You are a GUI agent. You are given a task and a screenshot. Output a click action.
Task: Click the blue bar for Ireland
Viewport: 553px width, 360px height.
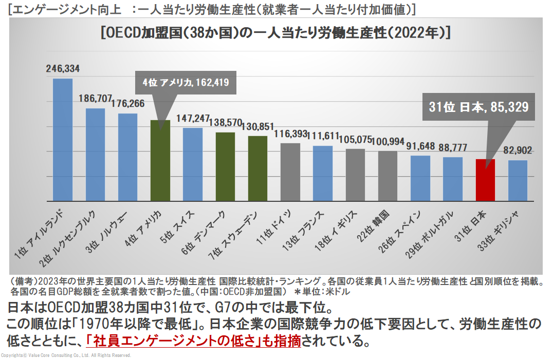coord(63,140)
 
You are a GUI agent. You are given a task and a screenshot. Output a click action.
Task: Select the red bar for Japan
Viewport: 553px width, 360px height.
coord(485,180)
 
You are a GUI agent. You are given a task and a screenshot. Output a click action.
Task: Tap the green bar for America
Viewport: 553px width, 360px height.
coord(160,160)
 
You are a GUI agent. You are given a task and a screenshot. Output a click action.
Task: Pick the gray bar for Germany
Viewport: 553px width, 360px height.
coord(290,172)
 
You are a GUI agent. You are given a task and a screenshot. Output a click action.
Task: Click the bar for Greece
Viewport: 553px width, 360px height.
coord(518,181)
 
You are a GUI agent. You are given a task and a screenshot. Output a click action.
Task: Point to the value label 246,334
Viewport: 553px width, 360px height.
coord(63,68)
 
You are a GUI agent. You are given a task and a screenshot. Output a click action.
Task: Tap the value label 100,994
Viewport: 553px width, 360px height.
coord(388,141)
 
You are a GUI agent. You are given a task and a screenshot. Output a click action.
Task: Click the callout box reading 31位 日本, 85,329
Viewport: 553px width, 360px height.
coord(478,107)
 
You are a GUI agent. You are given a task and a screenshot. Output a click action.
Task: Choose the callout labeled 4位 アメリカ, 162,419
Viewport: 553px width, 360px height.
coord(186,82)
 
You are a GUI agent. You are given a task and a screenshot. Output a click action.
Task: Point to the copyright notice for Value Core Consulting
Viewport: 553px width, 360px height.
coord(66,355)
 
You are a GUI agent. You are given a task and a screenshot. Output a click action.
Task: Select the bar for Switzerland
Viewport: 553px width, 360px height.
coord(193,164)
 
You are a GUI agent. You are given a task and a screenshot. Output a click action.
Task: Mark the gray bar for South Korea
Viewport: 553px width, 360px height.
coord(388,176)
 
